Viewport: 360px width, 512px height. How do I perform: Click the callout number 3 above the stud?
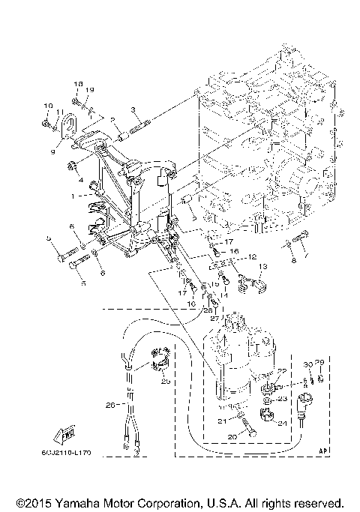pos(80,180)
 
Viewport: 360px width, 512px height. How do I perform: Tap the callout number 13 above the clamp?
pos(262,267)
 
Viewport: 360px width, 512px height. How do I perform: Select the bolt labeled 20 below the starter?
pos(247,431)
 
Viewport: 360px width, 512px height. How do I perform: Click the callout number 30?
pos(307,364)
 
